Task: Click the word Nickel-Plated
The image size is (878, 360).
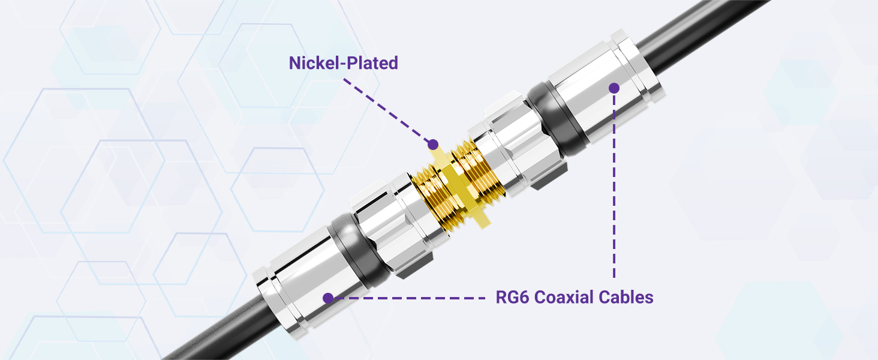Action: (343, 63)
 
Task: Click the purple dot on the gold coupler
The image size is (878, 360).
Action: (431, 144)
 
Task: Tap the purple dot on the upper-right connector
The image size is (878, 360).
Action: (614, 88)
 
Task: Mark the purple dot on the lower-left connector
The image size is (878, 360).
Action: (327, 298)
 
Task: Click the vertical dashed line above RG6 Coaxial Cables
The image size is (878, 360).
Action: (614, 192)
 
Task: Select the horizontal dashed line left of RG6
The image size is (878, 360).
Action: (414, 298)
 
